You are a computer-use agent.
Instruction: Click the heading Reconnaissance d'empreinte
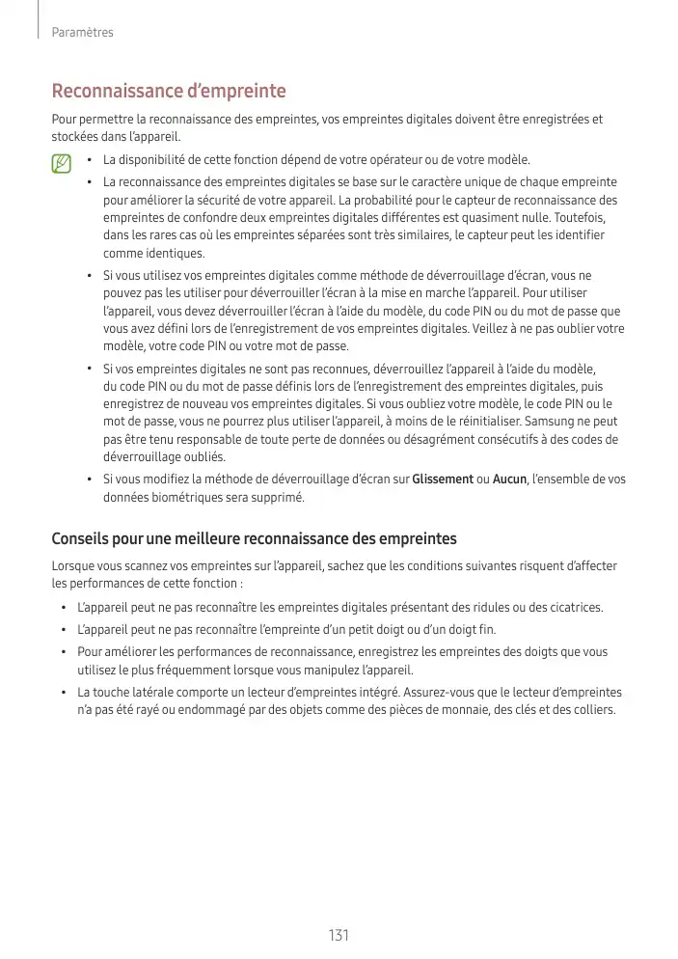(x=169, y=92)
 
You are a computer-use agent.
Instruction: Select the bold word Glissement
(x=443, y=479)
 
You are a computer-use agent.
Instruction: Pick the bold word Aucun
(x=509, y=479)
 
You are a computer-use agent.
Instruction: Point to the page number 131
(x=339, y=935)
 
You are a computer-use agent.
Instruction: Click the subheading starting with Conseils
(x=254, y=537)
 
